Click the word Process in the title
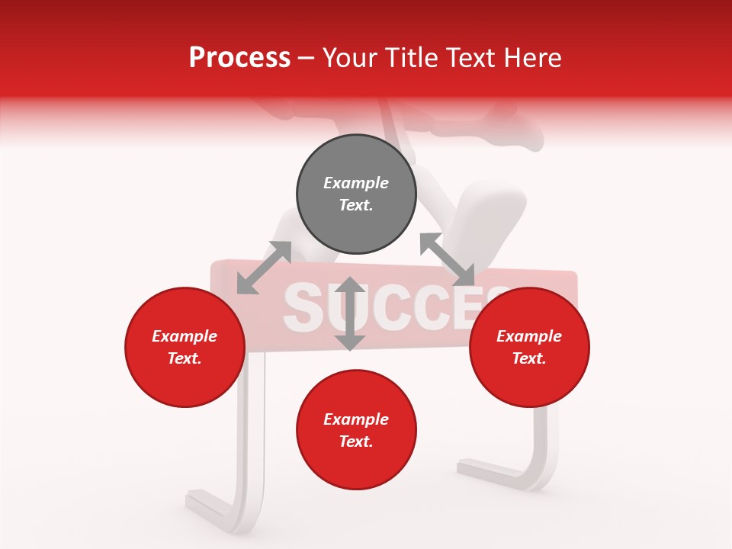pyautogui.click(x=239, y=58)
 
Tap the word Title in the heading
pyautogui.click(x=409, y=58)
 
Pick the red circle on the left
pyautogui.click(x=185, y=347)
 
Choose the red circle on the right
pyautogui.click(x=529, y=347)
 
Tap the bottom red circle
pyautogui.click(x=356, y=430)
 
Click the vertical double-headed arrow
pyautogui.click(x=350, y=313)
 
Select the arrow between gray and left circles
pyautogui.click(x=264, y=268)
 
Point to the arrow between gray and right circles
pyautogui.click(x=448, y=260)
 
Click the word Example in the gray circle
pyautogui.click(x=356, y=183)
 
